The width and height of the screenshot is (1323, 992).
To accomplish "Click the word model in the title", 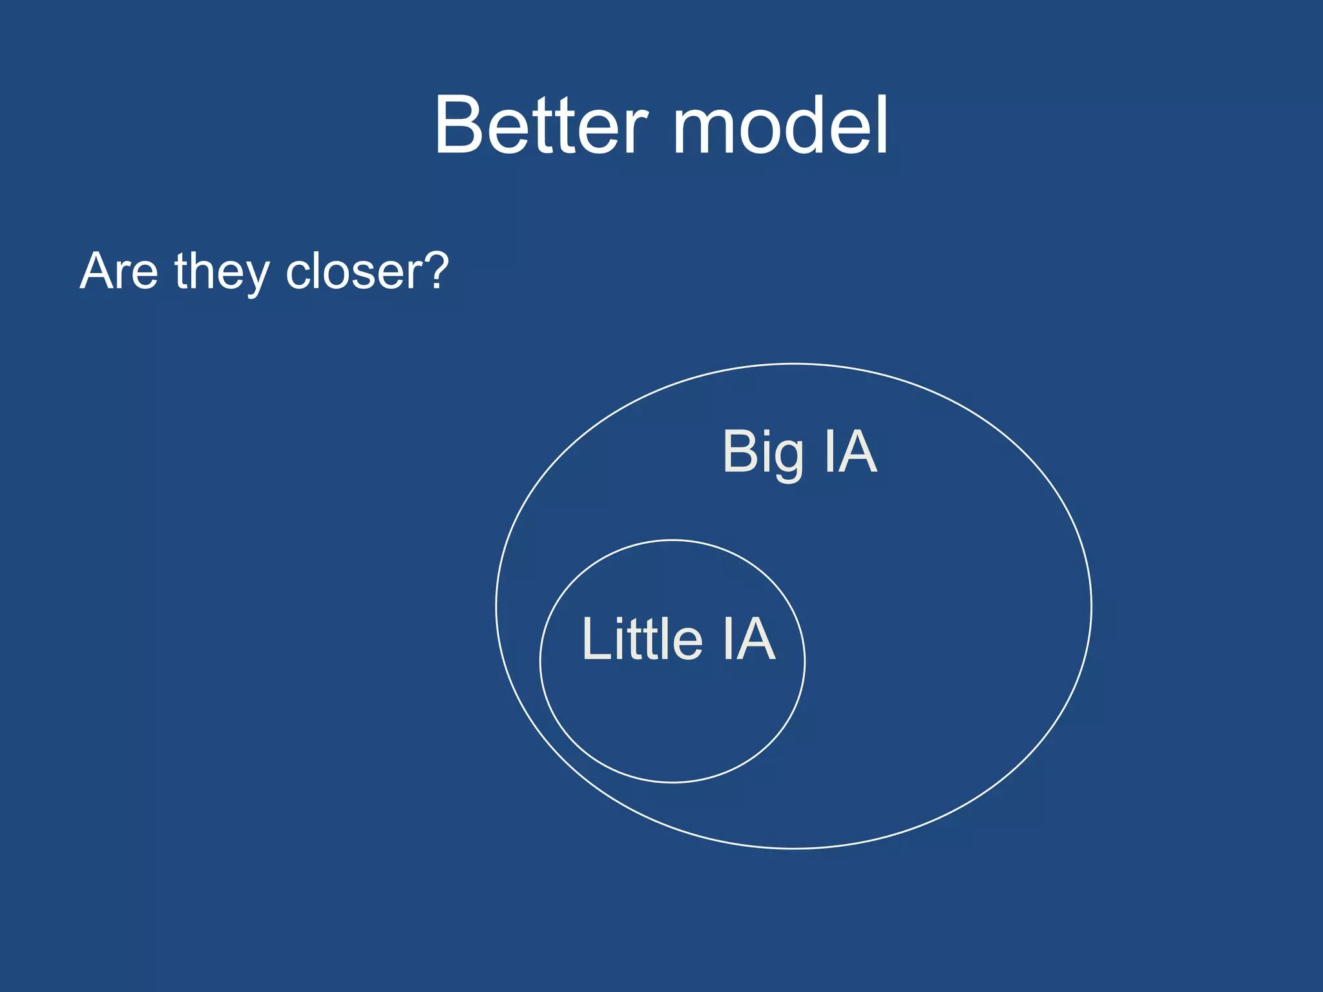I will click(x=780, y=125).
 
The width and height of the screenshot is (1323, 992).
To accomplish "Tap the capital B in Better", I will click(x=460, y=125).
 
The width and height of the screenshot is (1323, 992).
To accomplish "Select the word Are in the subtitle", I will click(x=119, y=271).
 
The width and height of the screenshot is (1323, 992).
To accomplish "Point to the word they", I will click(x=222, y=273).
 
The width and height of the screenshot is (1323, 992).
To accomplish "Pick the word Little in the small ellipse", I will click(x=642, y=639).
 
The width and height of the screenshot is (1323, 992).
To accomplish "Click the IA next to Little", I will click(x=749, y=639).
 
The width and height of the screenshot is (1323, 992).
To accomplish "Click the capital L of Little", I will click(x=594, y=639).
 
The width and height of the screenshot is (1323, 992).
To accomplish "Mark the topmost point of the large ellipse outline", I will click(x=793, y=364).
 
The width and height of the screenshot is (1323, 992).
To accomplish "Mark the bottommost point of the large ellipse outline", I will click(x=793, y=848).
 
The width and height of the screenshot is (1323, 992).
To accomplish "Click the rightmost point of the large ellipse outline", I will click(x=1091, y=606).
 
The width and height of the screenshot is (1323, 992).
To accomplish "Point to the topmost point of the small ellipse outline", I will click(x=672, y=540).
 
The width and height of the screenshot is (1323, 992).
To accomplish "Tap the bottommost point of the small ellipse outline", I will click(x=672, y=782).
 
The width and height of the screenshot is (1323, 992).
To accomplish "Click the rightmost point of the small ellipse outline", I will click(x=805, y=661).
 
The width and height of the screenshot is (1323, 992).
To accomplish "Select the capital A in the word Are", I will click(x=98, y=271).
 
